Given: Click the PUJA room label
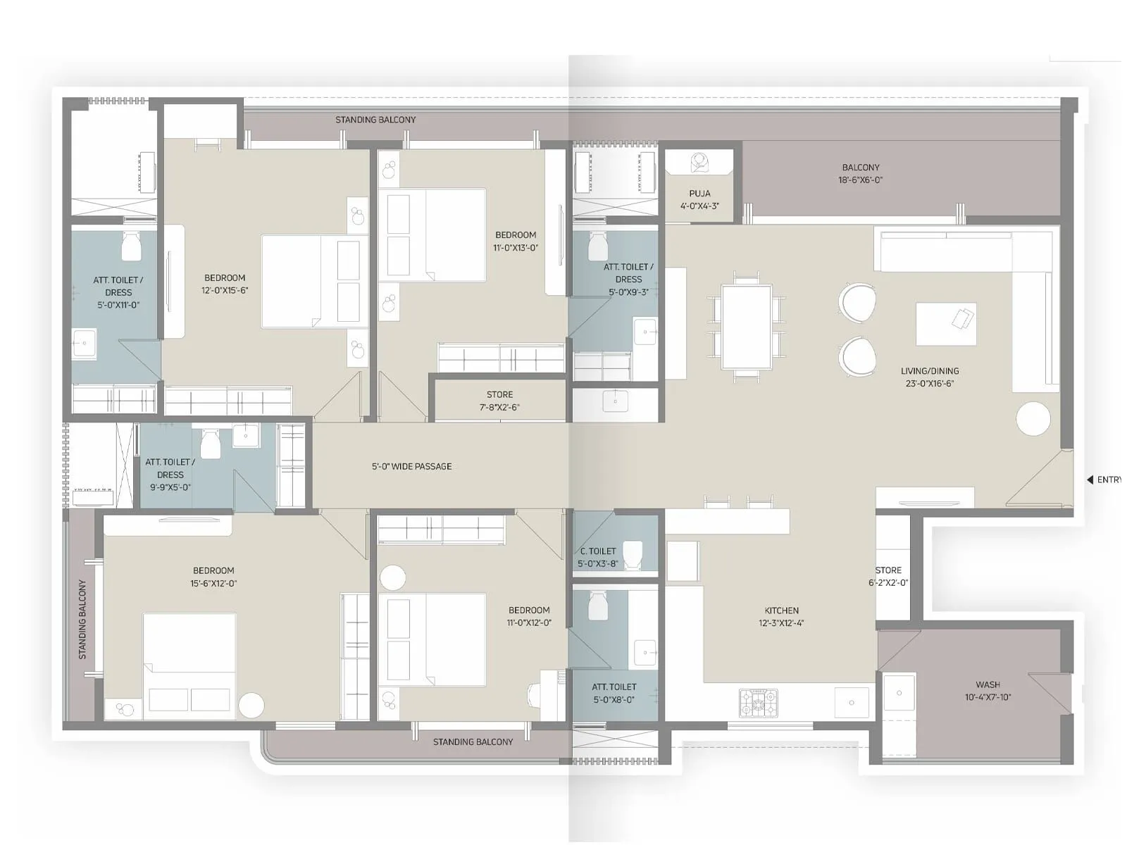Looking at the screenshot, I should (699, 194).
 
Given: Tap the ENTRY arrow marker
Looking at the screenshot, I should (1090, 480).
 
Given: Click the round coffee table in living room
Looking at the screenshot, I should (1033, 419).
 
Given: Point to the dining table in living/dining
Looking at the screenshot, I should (746, 327).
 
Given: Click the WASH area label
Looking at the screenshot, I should (988, 684).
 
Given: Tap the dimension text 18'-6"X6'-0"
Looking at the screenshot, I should (860, 180).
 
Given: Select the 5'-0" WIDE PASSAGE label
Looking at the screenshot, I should (411, 466).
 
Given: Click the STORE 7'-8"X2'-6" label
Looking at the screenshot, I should (499, 401).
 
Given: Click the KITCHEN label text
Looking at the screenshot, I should (781, 611).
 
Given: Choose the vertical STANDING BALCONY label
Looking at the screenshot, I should (82, 619).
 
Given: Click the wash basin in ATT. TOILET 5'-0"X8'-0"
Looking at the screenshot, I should (645, 653).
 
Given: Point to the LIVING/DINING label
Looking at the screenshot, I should (930, 371).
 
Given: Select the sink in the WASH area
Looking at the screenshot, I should (899, 693).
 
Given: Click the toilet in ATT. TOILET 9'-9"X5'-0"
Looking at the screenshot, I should (211, 444).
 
